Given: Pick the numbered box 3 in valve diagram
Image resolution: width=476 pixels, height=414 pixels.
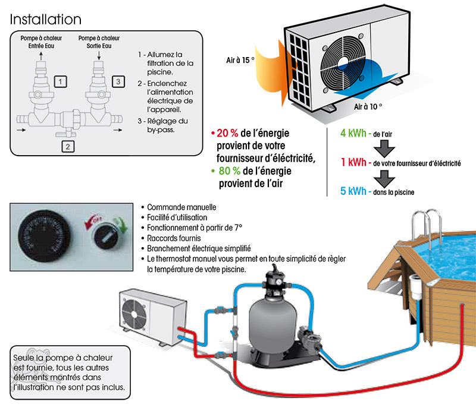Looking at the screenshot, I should pyautogui.click(x=118, y=80).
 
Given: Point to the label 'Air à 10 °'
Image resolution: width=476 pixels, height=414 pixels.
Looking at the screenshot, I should pyautogui.click(x=368, y=107).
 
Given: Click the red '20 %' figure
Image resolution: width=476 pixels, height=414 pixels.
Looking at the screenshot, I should pyautogui.click(x=229, y=132).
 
